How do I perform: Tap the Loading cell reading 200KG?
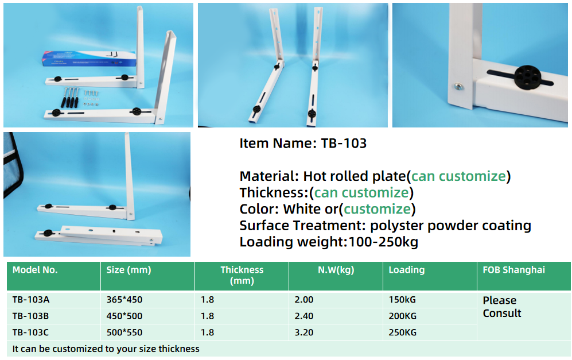tap(402, 316)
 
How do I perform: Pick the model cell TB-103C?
tap(31, 332)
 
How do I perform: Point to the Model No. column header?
tap(35, 270)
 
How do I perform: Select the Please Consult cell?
tap(502, 307)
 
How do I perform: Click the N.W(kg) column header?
tap(336, 270)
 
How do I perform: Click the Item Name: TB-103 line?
tap(303, 144)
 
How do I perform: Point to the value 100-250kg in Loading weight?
tap(383, 242)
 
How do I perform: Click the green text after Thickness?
tap(361, 192)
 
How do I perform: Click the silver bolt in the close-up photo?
tap(458, 87)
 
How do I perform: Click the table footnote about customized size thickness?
tap(106, 349)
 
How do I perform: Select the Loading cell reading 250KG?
tap(402, 332)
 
